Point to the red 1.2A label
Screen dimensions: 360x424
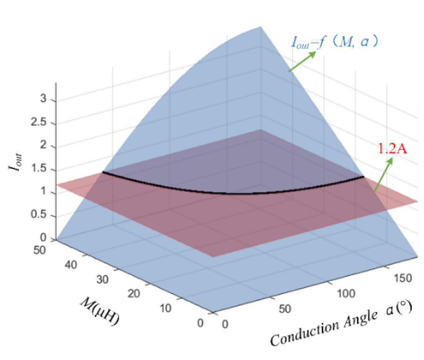coord(391,149)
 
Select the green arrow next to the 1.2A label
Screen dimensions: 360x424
coord(383,174)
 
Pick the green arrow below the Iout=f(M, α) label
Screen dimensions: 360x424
coord(302,61)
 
